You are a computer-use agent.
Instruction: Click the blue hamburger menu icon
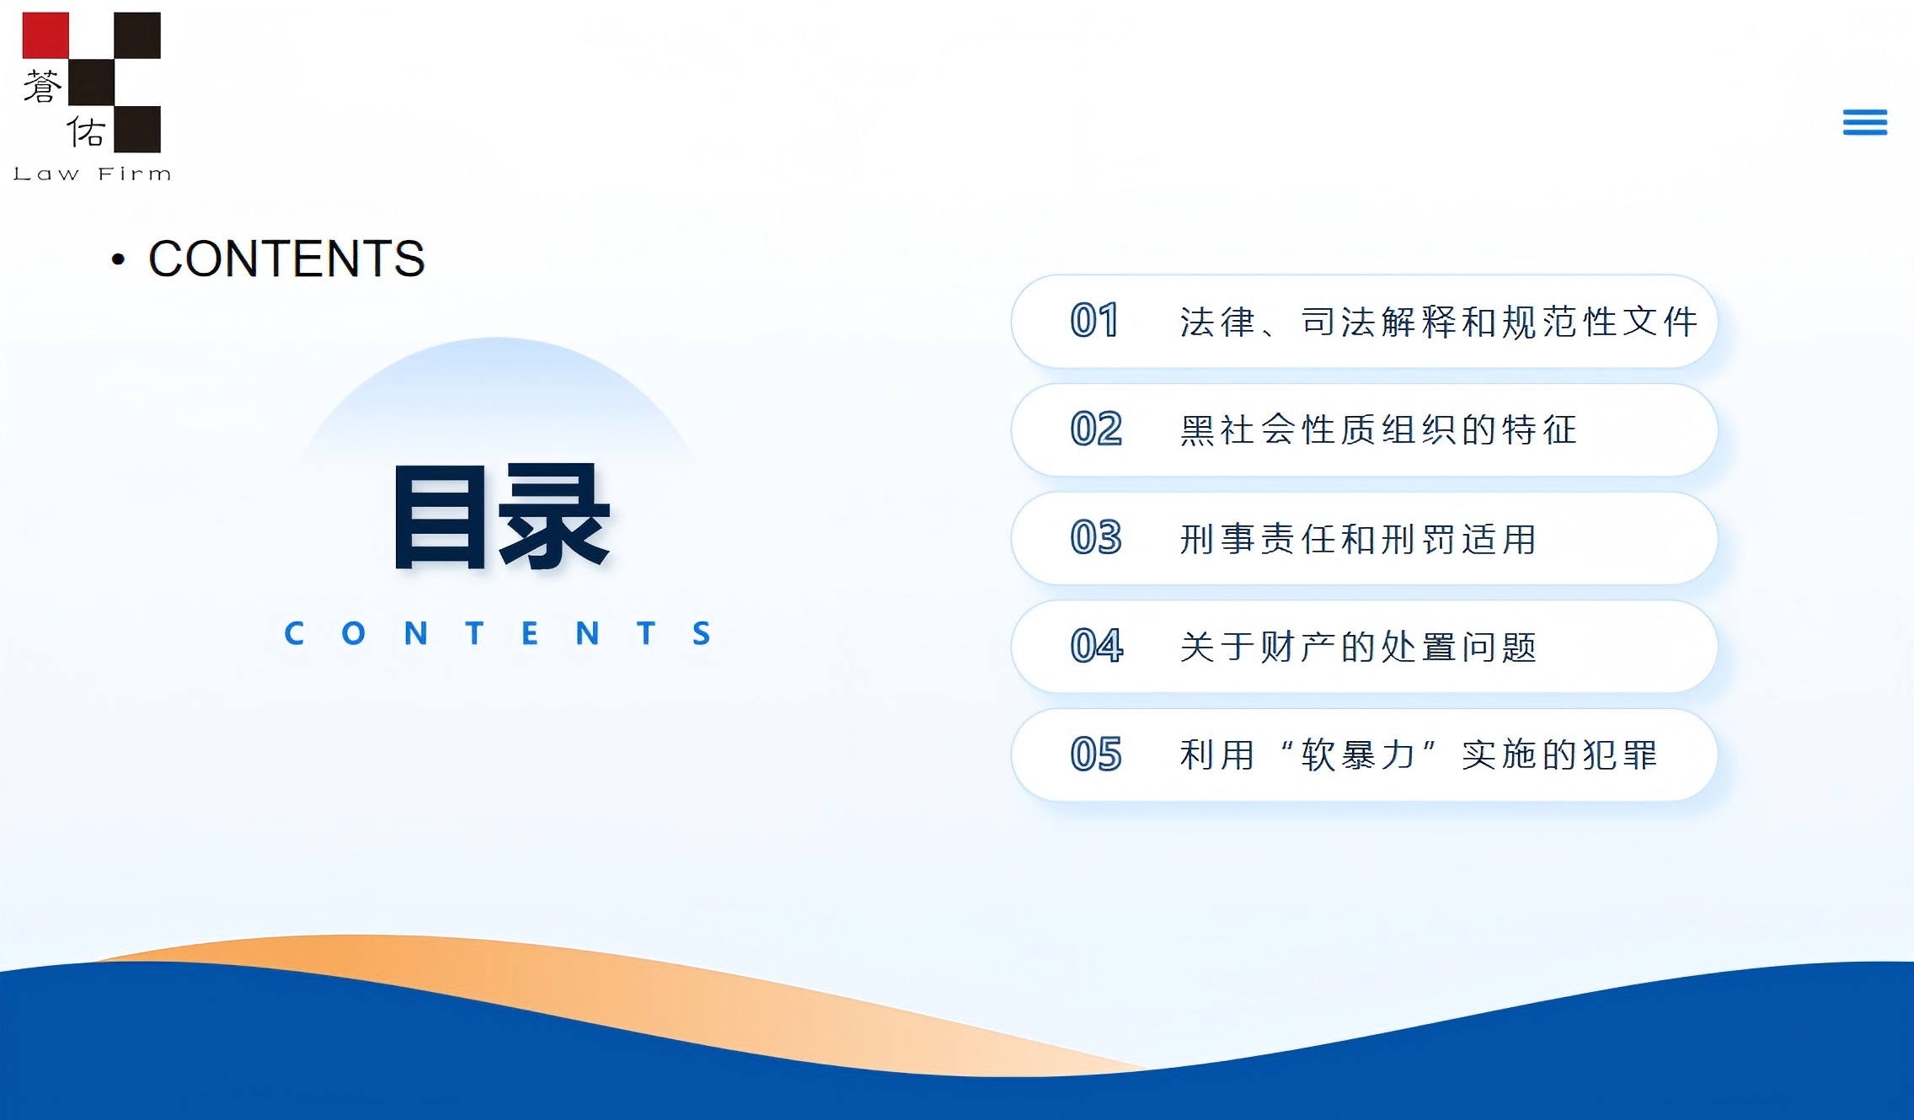1864,122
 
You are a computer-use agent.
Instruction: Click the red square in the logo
45,35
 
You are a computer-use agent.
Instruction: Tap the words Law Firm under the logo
93,174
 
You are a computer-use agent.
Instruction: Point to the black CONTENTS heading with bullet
268,258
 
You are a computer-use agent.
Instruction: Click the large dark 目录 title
501,516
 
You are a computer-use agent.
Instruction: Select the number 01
1094,321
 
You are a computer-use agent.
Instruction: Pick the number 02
1096,429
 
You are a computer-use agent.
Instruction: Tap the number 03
1096,537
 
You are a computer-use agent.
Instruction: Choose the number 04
1097,646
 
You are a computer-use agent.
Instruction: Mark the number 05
1096,754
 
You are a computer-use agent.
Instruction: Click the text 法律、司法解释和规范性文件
1439,322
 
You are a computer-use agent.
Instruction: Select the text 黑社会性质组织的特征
1378,429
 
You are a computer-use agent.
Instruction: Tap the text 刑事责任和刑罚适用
1358,539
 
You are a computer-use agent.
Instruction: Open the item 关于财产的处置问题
1358,647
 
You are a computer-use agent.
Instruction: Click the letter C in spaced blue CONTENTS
294,633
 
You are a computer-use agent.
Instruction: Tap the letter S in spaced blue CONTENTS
702,633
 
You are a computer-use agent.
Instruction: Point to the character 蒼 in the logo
42,87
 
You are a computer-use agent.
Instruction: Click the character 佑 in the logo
86,131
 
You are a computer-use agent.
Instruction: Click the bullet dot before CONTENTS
118,259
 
